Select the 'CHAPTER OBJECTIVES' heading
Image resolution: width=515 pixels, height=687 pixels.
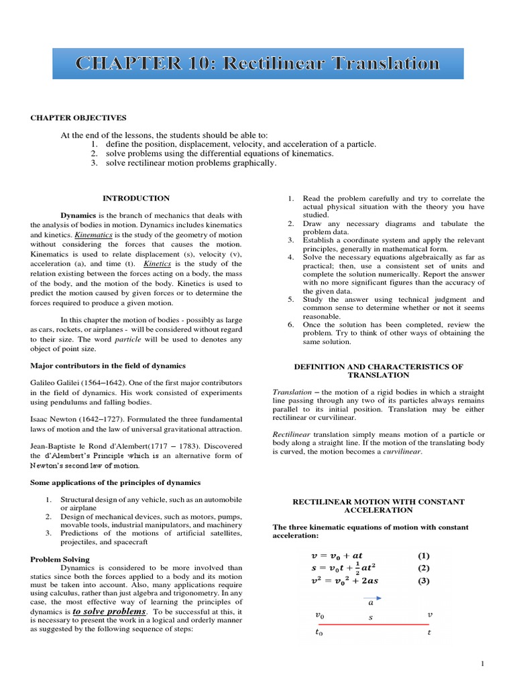(x=78, y=117)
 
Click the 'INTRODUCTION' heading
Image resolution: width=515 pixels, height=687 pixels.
(x=135, y=198)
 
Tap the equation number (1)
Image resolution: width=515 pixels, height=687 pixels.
(x=423, y=556)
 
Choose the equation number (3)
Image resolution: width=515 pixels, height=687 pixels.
(x=423, y=581)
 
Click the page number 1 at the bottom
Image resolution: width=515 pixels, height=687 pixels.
(x=481, y=664)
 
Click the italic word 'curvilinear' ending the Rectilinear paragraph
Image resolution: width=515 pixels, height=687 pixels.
(x=402, y=452)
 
